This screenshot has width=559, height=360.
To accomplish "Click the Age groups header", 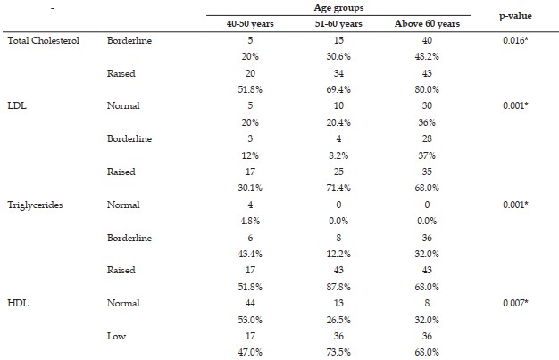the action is click(338, 8).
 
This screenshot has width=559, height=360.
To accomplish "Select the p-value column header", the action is click(515, 16).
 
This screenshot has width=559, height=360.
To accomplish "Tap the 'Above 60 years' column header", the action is click(427, 24).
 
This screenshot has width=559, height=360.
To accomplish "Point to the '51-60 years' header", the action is click(338, 24).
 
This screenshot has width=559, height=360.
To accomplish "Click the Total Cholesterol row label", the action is click(43, 40).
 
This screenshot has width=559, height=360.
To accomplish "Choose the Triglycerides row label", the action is click(35, 205).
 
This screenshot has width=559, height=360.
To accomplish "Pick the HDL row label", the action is click(18, 303).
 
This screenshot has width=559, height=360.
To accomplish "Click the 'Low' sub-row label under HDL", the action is click(117, 336).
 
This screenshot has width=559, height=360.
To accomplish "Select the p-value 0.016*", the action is click(515, 40).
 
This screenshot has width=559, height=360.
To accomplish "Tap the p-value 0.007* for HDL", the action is click(515, 303).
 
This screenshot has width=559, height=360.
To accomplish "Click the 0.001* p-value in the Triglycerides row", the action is click(515, 205).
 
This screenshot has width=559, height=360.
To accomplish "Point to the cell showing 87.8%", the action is click(338, 287).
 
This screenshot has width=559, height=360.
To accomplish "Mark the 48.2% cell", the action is click(427, 57).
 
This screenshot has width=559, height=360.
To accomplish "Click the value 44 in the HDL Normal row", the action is click(250, 303).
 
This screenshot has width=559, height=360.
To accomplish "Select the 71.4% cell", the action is click(338, 188).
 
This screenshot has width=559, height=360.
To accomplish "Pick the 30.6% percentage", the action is click(338, 57).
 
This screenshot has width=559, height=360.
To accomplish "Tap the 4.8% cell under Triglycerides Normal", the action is click(250, 222).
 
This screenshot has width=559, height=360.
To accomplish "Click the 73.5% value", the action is click(338, 352).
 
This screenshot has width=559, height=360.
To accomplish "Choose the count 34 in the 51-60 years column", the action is click(338, 73).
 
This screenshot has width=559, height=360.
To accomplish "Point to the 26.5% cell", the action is click(338, 320).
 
